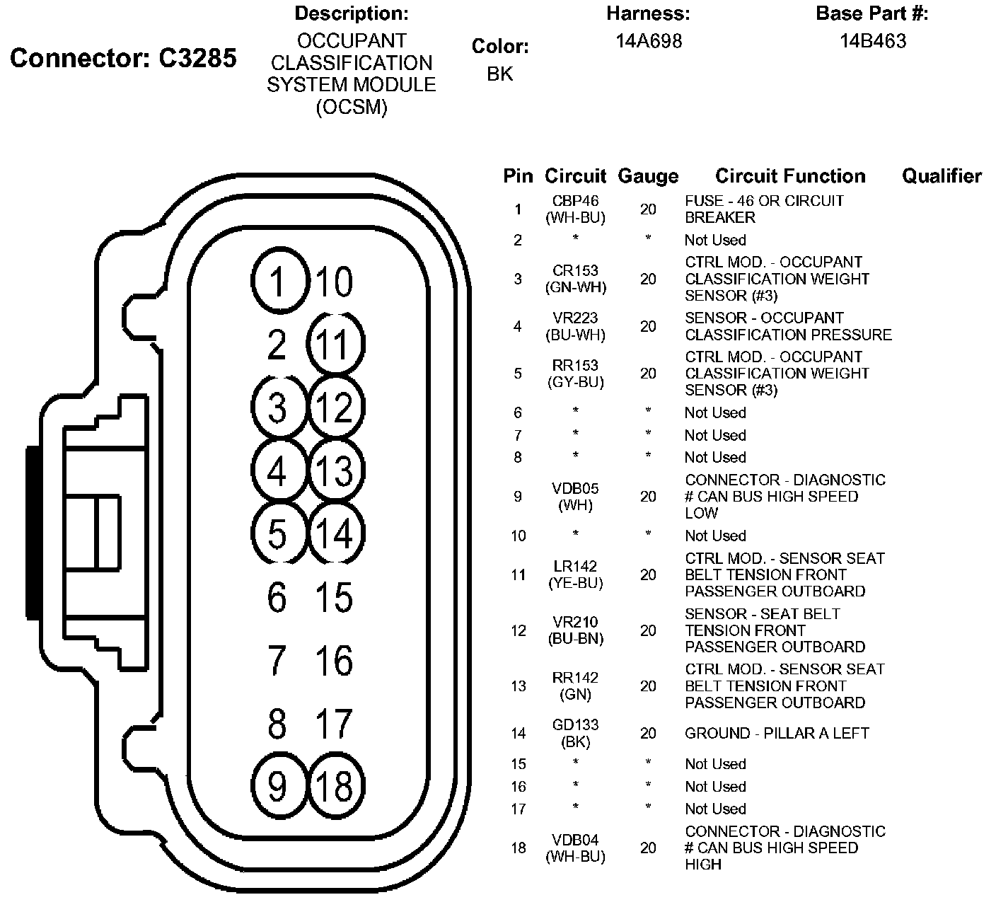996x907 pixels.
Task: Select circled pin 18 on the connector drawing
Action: (x=335, y=785)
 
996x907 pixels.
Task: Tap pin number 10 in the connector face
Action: (x=334, y=282)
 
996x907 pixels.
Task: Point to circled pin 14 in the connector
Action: (x=335, y=533)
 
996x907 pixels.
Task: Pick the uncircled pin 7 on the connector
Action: (x=277, y=660)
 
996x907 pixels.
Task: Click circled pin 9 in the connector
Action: (x=278, y=785)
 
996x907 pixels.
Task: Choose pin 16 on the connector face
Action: (x=334, y=660)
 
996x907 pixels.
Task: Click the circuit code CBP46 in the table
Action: (x=575, y=202)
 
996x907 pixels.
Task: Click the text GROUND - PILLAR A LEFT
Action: (x=776, y=734)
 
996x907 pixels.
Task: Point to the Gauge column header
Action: (x=648, y=176)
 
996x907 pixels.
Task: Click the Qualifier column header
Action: (x=942, y=176)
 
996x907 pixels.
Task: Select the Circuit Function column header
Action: (x=790, y=176)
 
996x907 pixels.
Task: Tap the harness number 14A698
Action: (x=648, y=41)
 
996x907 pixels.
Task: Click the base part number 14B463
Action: (x=872, y=41)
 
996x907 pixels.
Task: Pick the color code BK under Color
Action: (x=499, y=74)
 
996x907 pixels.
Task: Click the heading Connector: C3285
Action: (x=123, y=58)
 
